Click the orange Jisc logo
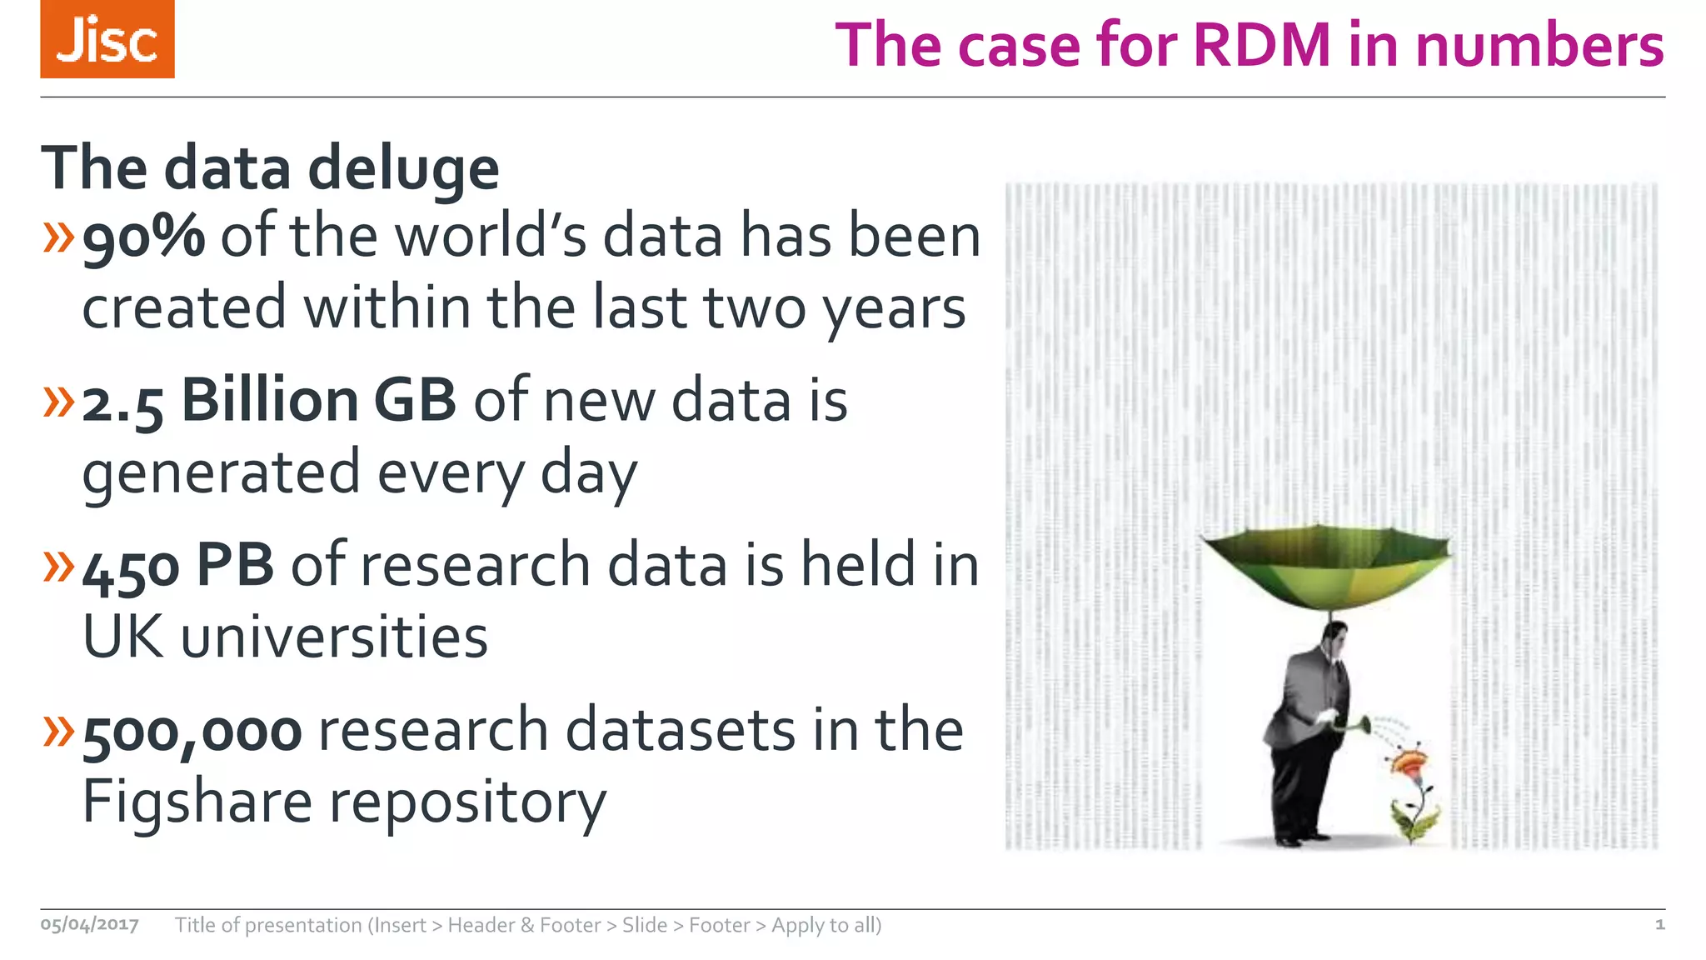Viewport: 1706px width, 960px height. tap(107, 39)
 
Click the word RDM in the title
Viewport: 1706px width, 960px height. tap(1261, 45)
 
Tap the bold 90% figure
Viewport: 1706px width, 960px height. tap(144, 237)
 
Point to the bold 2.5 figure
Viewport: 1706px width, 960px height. tap(122, 403)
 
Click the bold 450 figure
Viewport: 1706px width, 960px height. tap(131, 568)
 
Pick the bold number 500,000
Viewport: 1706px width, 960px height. tap(192, 732)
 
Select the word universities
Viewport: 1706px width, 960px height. tap(334, 638)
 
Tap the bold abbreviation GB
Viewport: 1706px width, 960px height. tap(415, 401)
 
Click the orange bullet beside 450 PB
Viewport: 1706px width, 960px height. tap(59, 567)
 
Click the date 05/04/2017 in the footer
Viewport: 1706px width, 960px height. tap(90, 925)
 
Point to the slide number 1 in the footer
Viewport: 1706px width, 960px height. tap(1659, 924)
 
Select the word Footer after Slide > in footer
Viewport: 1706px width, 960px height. tap(720, 925)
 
